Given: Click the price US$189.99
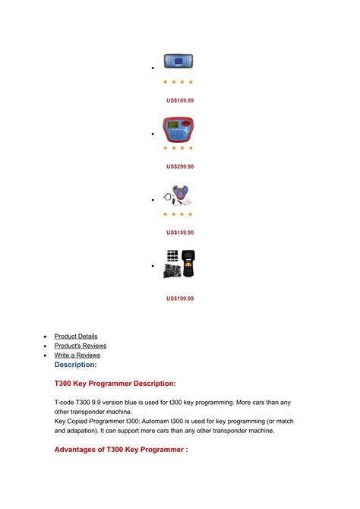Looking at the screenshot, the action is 180,100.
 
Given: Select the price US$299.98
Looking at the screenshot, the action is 180,166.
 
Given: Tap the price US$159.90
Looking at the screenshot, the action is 180,232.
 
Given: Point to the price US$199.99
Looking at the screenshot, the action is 180,299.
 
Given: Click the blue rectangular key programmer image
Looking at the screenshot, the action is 179,62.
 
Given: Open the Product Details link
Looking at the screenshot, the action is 76,337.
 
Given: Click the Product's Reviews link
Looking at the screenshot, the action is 81,346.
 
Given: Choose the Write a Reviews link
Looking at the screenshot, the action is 77,355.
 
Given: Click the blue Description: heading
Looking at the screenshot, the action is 75,365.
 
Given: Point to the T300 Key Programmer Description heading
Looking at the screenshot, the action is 115,384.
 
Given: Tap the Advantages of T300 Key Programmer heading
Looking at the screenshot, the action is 121,450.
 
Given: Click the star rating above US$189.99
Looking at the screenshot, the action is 179,81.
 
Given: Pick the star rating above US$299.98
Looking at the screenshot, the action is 179,147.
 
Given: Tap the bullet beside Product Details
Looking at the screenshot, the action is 46,337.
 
